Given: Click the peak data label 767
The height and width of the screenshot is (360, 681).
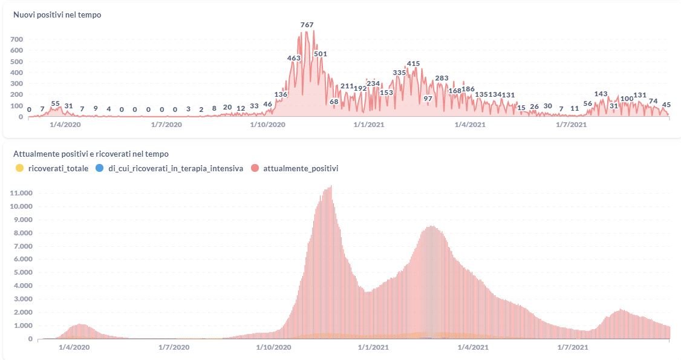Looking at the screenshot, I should click(x=307, y=25).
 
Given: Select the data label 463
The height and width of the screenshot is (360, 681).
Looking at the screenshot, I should click(x=294, y=58).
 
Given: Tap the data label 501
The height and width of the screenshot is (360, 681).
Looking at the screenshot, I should click(x=320, y=54).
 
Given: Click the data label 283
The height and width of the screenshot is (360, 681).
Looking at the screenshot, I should click(x=442, y=78).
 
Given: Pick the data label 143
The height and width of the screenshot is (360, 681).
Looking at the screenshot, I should click(x=601, y=94).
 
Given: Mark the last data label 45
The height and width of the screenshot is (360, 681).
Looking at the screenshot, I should click(x=666, y=104).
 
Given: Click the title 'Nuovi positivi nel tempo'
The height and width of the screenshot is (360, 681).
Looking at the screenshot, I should click(x=57, y=15).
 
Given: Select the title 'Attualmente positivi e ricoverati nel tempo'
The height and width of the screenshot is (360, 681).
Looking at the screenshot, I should click(x=91, y=154).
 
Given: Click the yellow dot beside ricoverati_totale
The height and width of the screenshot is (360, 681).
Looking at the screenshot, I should click(x=19, y=168).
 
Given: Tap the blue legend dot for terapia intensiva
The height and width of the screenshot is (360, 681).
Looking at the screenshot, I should click(x=100, y=168).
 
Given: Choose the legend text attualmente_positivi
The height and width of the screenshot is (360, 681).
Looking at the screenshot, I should click(x=300, y=168).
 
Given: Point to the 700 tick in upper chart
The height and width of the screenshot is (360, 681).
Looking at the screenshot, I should click(x=16, y=39).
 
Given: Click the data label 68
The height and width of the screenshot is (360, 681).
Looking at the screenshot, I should click(x=334, y=102).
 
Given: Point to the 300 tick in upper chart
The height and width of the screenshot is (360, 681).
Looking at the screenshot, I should click(x=16, y=83).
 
